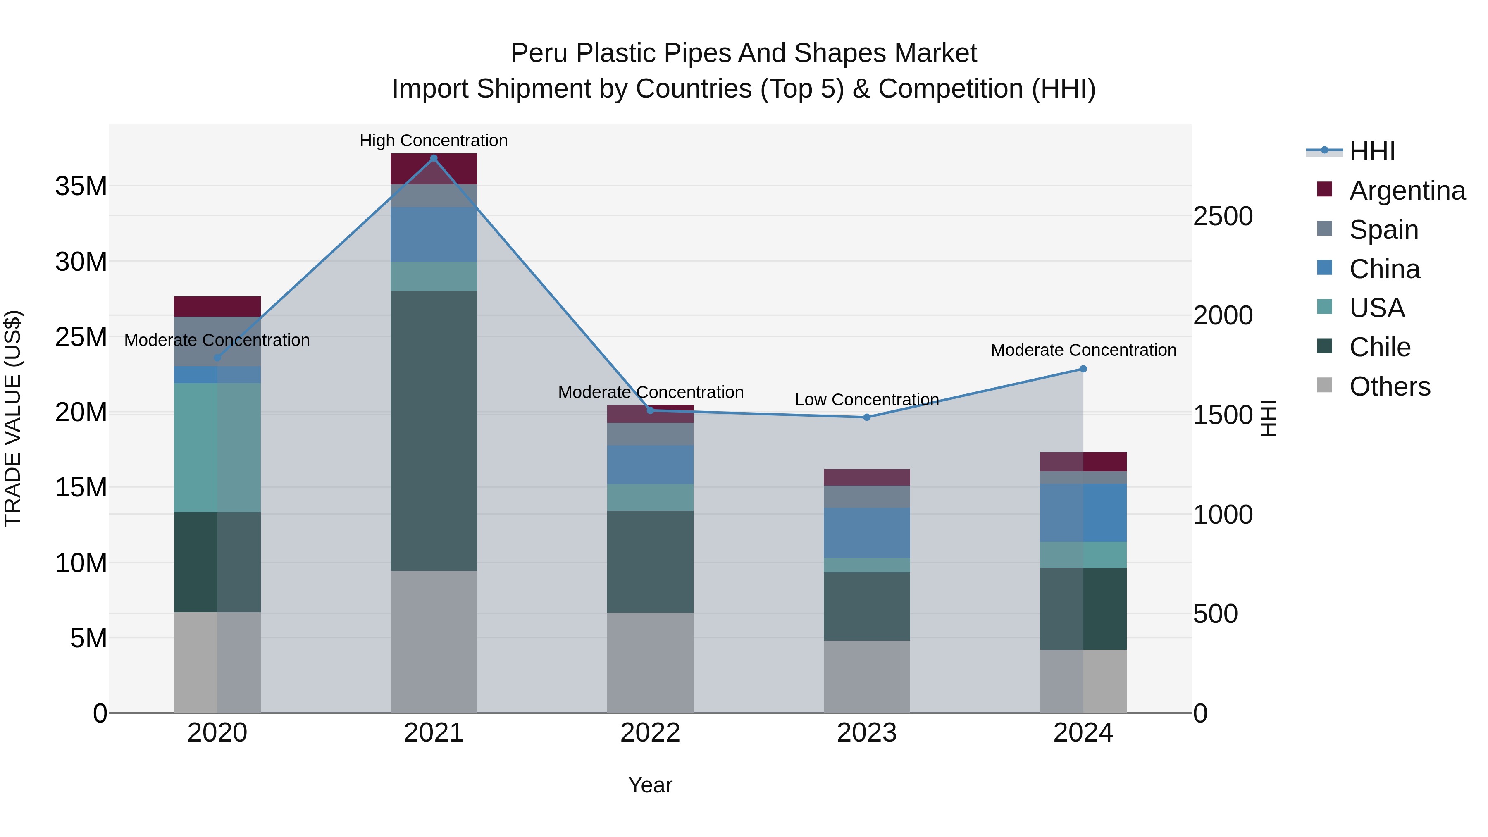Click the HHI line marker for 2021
(x=434, y=158)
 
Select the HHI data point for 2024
(x=1083, y=369)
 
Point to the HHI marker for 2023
(x=866, y=417)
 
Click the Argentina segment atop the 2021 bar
(x=434, y=169)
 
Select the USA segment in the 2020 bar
(x=217, y=447)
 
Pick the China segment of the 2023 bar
(x=866, y=533)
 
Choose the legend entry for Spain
(x=1383, y=230)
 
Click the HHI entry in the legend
(x=1371, y=151)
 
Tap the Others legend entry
(x=1389, y=386)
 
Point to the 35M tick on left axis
(x=81, y=186)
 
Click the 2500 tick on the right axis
(x=1223, y=217)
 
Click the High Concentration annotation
(x=434, y=141)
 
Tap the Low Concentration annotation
(x=866, y=400)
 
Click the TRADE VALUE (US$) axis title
(x=13, y=418)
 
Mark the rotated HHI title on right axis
(x=1268, y=418)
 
